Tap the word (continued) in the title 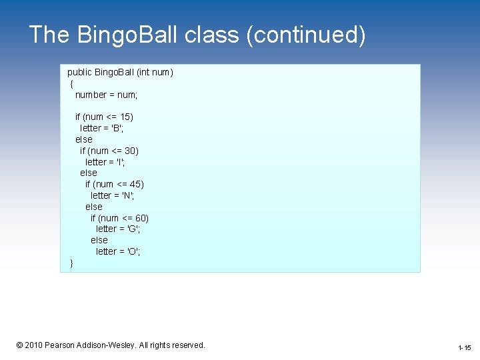click(x=306, y=35)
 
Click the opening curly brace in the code click(x=71, y=83)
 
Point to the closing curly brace click(x=71, y=263)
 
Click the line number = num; click(x=106, y=95)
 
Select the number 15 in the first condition click(x=126, y=117)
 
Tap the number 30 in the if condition click(x=131, y=151)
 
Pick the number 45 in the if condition click(x=137, y=184)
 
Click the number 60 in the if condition click(x=141, y=218)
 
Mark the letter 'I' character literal click(x=120, y=162)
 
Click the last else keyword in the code click(x=99, y=240)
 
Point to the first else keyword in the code click(x=84, y=139)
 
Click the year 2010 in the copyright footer click(x=33, y=345)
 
